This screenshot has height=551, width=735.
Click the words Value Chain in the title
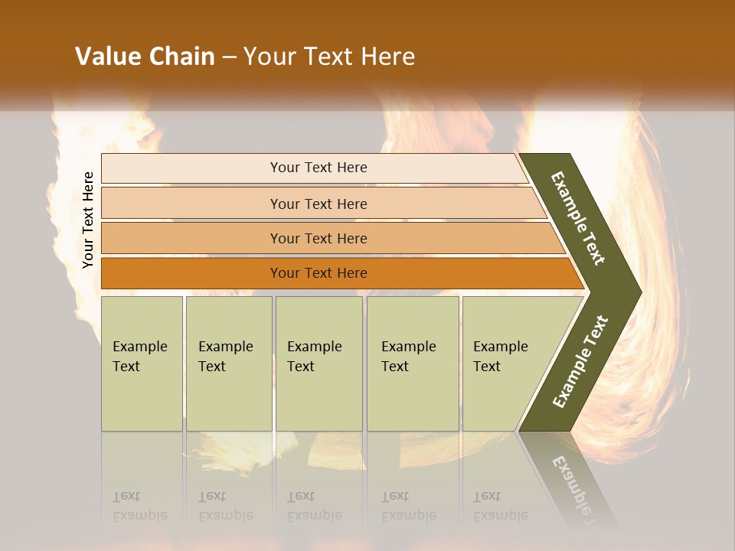click(x=145, y=57)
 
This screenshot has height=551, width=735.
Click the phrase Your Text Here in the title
click(x=329, y=57)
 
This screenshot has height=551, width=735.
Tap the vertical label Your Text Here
click(x=88, y=220)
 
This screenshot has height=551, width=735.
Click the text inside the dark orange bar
click(x=318, y=273)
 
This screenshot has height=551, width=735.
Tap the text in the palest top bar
click(x=318, y=168)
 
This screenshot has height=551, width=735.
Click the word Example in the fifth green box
click(x=500, y=347)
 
